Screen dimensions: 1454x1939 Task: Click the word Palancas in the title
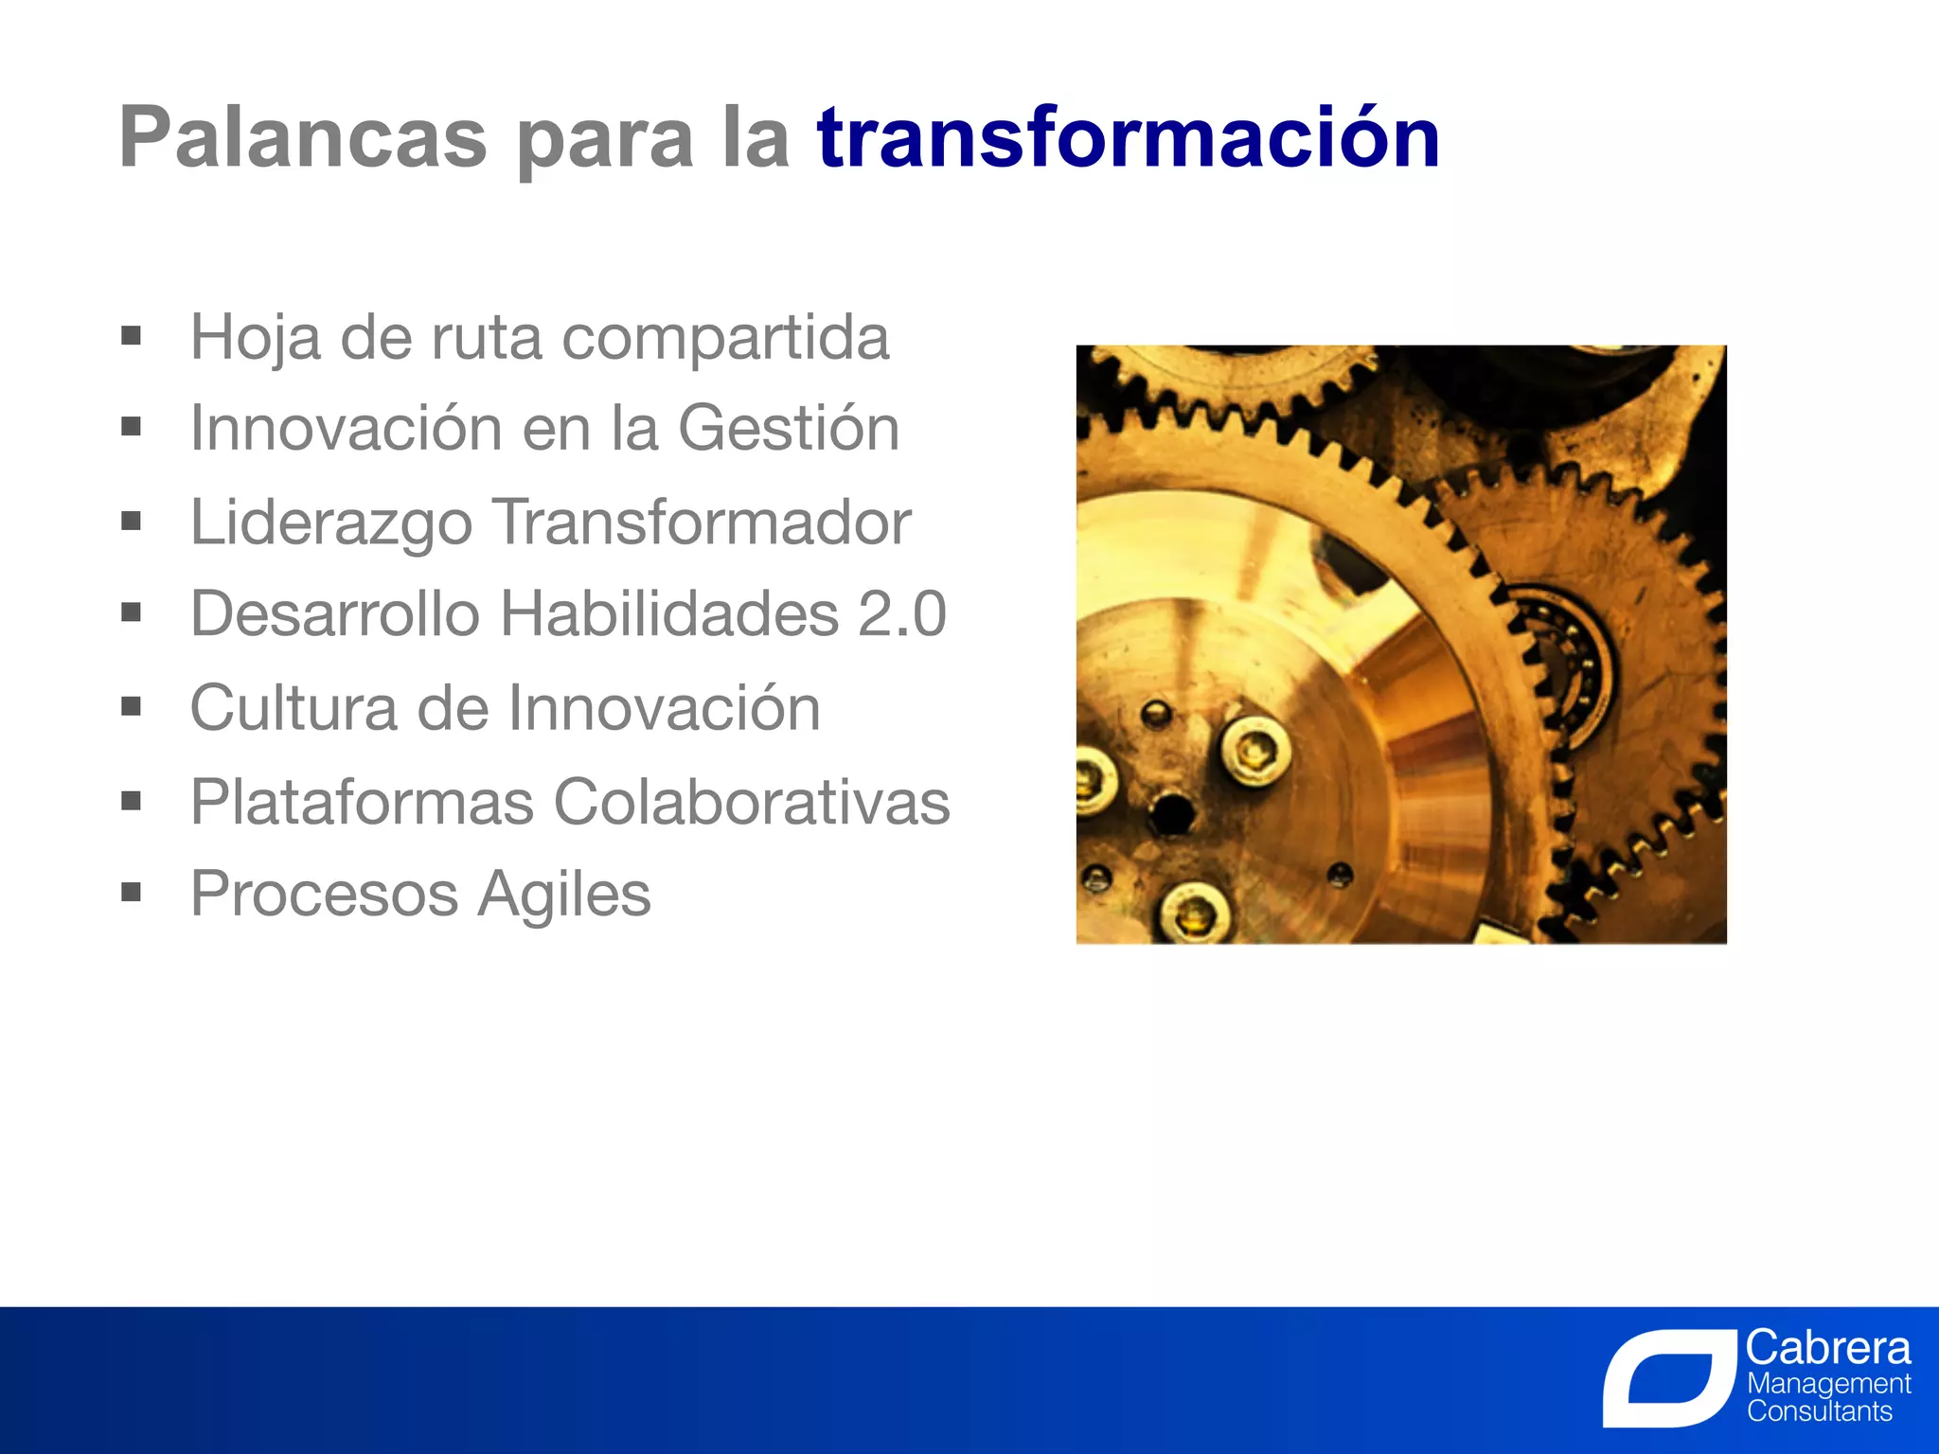(302, 138)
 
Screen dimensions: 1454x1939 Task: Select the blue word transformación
(1128, 138)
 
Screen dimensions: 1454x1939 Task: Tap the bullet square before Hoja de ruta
(131, 335)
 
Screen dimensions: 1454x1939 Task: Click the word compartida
(725, 338)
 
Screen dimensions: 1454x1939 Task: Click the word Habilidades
(668, 613)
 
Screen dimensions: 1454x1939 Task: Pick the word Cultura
(294, 708)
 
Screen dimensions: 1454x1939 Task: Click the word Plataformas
(362, 802)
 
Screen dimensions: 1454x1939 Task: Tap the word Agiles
(563, 895)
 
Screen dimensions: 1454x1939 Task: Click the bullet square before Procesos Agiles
(131, 892)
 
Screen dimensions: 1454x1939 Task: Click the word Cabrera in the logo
(1827, 1347)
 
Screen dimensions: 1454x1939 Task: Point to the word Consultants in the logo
(1819, 1411)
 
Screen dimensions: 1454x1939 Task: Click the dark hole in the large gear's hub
(1172, 812)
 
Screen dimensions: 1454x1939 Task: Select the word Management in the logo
(1828, 1383)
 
